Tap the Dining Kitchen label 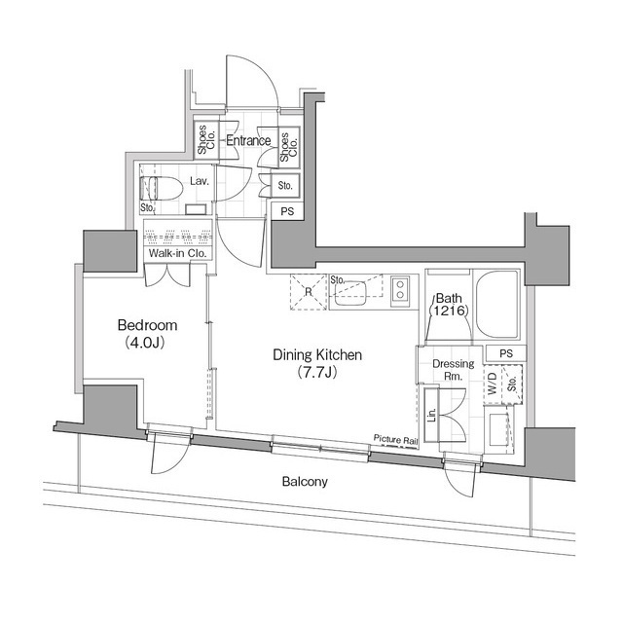(317, 355)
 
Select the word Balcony (305, 482)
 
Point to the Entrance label (248, 141)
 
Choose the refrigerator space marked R (308, 291)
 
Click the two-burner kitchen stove (400, 286)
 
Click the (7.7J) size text (317, 373)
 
